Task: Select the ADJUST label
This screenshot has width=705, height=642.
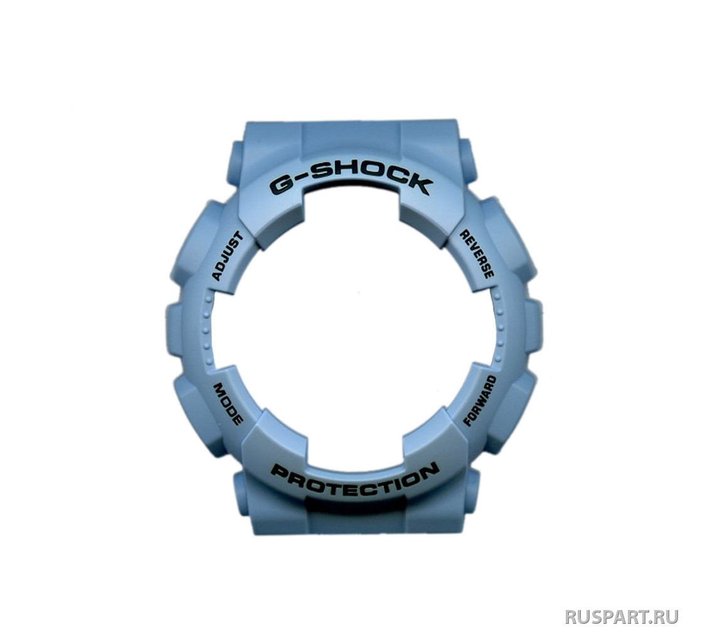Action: pos(228,256)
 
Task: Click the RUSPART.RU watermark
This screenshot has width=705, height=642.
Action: pos(622,616)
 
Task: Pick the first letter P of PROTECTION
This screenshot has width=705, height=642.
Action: pos(281,475)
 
